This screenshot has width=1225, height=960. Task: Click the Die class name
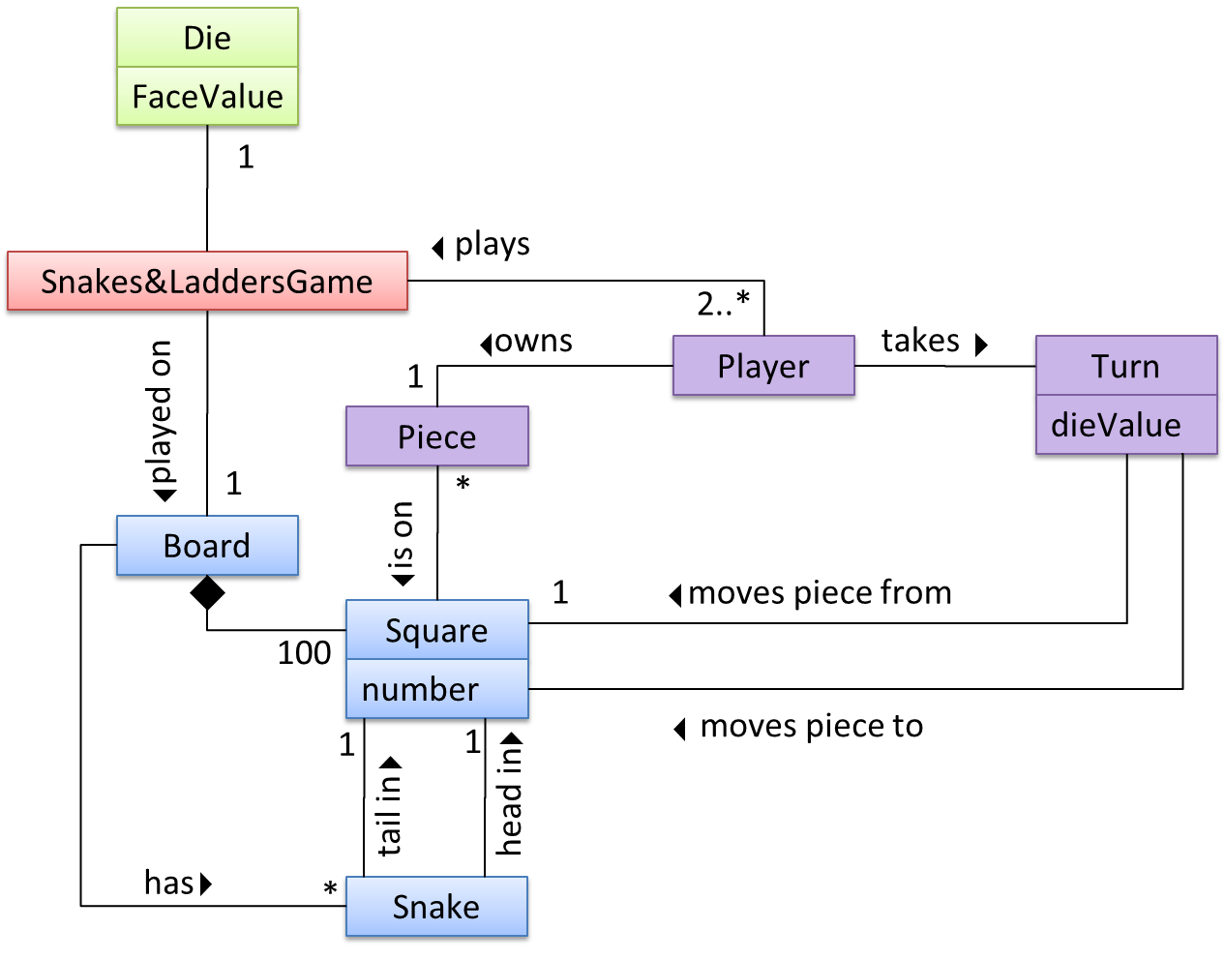207,39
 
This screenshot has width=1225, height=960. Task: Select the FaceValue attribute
207,97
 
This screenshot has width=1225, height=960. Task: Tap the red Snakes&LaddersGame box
207,282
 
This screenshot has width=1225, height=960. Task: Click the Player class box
762,367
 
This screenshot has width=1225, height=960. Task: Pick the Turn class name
1124,367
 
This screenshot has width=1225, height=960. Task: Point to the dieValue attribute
1116,425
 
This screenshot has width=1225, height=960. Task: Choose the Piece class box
436,437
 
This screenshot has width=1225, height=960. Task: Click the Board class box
207,546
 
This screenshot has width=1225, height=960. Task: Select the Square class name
436,631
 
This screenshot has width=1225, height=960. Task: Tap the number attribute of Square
420,690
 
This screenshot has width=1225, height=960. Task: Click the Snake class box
436,908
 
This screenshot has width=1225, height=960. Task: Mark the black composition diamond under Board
207,593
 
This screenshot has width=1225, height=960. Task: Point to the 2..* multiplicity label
723,304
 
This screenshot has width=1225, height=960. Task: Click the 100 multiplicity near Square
304,653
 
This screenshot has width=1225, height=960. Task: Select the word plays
493,245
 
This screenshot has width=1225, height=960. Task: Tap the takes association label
920,341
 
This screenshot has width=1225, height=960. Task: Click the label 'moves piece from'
820,592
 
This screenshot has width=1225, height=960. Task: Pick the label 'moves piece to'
811,726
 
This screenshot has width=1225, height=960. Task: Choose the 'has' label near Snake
168,883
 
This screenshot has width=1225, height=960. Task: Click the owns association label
533,342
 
